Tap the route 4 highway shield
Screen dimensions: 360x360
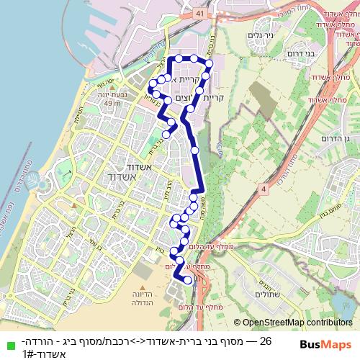[264, 189]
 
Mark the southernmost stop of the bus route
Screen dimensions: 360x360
[189, 280]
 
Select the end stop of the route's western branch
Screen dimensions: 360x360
[166, 133]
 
